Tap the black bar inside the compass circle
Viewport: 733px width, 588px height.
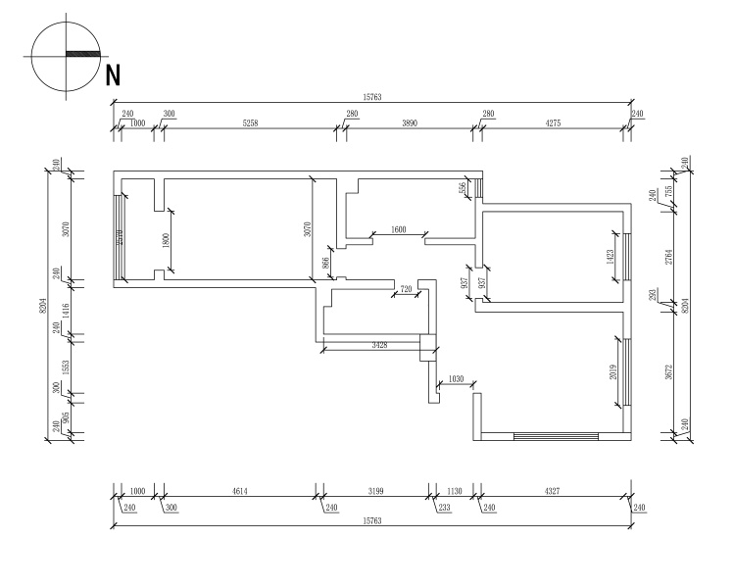click(x=82, y=53)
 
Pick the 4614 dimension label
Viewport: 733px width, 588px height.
click(x=238, y=490)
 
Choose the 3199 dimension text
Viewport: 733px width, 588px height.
click(x=374, y=490)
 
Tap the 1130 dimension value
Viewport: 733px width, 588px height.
click(x=454, y=490)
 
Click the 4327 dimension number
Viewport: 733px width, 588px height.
click(x=553, y=490)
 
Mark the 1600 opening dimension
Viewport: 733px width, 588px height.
click(x=398, y=229)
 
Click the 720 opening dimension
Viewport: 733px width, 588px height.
click(x=406, y=289)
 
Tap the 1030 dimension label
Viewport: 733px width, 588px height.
click(x=455, y=379)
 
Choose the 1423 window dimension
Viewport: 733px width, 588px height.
click(x=611, y=258)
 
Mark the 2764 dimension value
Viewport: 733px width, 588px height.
click(x=670, y=257)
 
